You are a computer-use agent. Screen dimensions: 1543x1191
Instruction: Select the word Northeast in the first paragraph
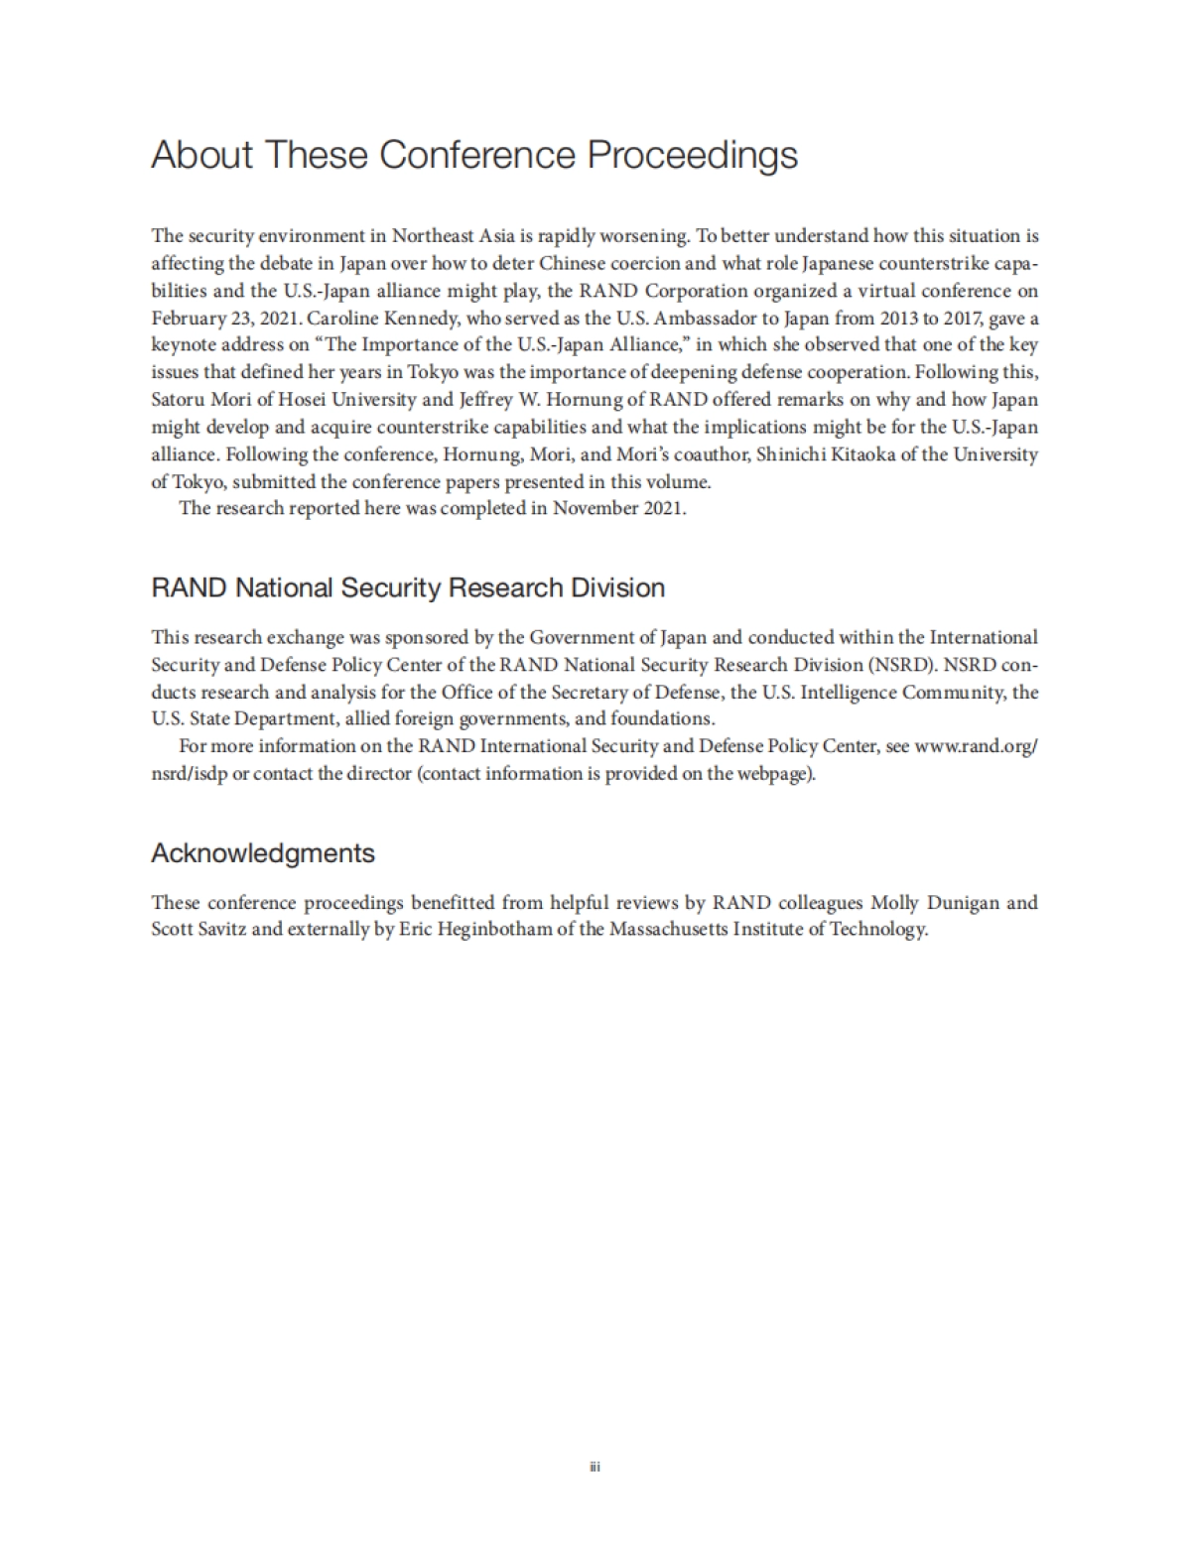(x=432, y=236)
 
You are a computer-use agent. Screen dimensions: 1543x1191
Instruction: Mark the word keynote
(x=183, y=345)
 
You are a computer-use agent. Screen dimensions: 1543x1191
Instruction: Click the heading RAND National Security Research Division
(x=408, y=587)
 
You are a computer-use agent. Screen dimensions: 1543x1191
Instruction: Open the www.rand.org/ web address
(x=976, y=746)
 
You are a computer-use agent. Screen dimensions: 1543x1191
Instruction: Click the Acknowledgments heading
(x=263, y=853)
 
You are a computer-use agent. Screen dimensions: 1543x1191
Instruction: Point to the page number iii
(x=595, y=1467)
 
